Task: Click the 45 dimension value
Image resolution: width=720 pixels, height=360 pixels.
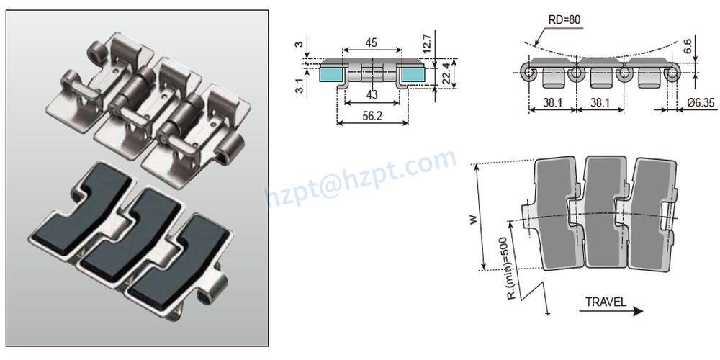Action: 371,42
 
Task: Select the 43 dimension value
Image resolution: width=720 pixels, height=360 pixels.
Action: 371,95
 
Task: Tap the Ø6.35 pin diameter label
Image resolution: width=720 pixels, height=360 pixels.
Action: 699,103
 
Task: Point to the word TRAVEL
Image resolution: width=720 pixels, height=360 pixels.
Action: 605,302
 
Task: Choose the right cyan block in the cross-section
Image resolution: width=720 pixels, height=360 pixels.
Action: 413,73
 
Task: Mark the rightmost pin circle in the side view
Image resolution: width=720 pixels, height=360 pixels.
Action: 672,73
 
